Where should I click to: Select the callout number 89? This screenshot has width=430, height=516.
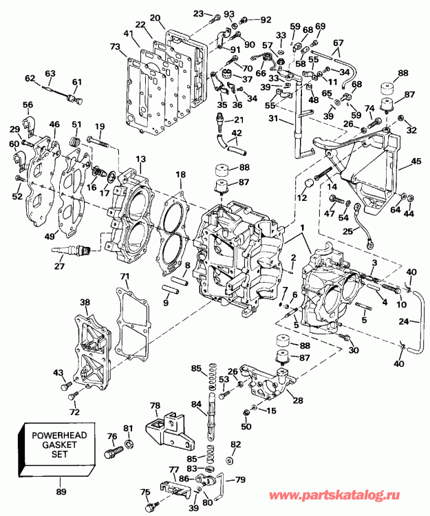tap(62, 492)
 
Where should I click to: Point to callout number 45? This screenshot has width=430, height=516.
tap(416, 163)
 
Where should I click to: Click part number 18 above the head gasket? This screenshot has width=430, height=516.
tap(181, 176)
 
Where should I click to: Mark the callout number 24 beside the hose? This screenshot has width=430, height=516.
tap(404, 320)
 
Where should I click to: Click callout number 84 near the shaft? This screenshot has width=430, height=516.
tap(196, 404)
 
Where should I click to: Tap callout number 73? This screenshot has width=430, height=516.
tap(114, 46)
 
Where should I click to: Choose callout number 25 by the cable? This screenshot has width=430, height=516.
tap(347, 232)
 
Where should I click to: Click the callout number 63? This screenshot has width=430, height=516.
tap(50, 74)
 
